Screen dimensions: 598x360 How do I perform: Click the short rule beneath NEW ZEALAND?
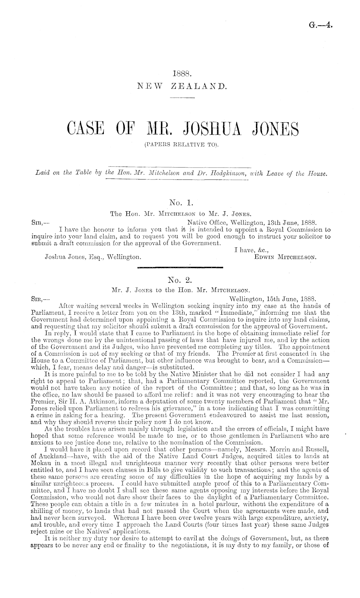[181, 98]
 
